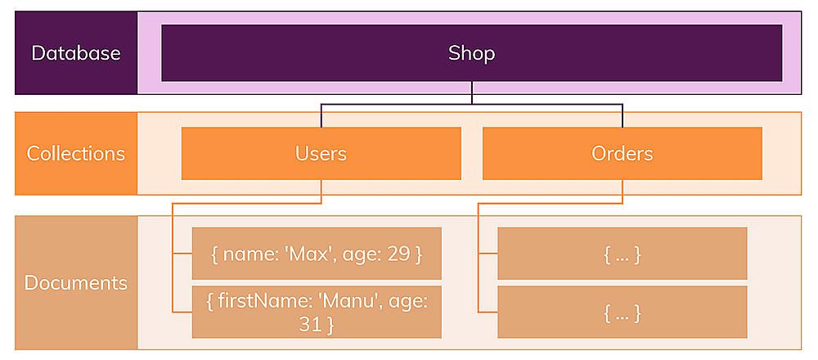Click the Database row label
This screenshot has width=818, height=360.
[76, 53]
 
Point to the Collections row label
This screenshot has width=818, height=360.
[76, 153]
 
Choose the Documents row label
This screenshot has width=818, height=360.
[76, 283]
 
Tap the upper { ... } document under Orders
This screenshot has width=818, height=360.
[622, 254]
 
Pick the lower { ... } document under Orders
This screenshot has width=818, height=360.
[622, 312]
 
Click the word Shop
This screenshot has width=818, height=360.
[472, 53]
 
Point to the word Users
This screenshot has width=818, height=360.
[321, 153]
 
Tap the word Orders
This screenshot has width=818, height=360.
[622, 153]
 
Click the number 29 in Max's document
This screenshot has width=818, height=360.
[398, 254]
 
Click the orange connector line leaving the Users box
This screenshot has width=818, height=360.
[321, 191]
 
